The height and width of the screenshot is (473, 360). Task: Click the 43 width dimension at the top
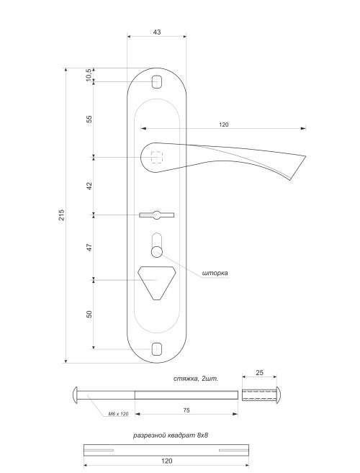pyautogui.click(x=157, y=32)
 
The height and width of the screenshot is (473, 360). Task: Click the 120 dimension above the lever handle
pyautogui.click(x=223, y=125)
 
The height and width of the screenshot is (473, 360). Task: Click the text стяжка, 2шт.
pyautogui.click(x=196, y=377)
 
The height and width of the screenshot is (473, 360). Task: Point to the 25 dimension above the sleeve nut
pyautogui.click(x=260, y=374)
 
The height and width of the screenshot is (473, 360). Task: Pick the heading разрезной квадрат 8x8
pyautogui.click(x=176, y=436)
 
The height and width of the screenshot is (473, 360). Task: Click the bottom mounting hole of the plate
pyautogui.click(x=157, y=349)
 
